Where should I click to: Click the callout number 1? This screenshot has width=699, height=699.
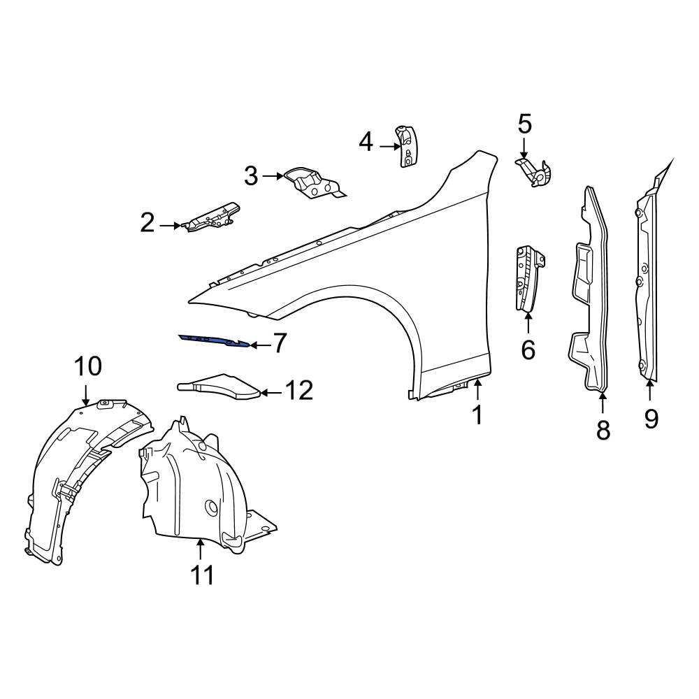click(477, 415)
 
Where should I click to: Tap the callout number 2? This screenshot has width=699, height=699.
click(147, 224)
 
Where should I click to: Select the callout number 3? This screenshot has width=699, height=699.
click(251, 176)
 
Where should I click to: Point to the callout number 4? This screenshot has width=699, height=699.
click(366, 143)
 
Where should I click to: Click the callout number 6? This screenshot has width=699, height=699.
click(528, 349)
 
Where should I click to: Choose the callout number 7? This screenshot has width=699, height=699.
click(279, 343)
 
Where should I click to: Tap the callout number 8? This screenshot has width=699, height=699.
click(603, 430)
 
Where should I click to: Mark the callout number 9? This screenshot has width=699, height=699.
click(651, 419)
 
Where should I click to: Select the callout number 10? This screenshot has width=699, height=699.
click(89, 366)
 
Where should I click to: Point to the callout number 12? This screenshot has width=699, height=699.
click(298, 391)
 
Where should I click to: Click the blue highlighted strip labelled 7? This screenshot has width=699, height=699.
click(213, 340)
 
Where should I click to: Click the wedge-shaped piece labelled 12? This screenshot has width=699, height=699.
click(220, 385)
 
